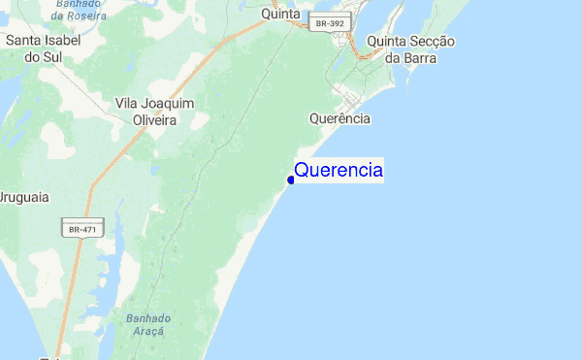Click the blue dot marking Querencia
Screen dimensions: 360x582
click(291, 180)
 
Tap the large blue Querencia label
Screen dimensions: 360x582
click(339, 171)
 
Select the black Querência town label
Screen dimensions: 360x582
click(339, 118)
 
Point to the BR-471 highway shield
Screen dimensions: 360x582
click(82, 230)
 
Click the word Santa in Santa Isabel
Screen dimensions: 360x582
click(25, 41)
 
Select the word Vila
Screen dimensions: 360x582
click(130, 103)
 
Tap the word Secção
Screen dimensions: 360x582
click(434, 42)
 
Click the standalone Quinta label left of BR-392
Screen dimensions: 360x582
click(281, 14)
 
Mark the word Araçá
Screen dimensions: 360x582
click(147, 332)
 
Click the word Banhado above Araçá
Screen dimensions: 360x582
click(147, 317)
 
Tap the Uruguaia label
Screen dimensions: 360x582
click(23, 197)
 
